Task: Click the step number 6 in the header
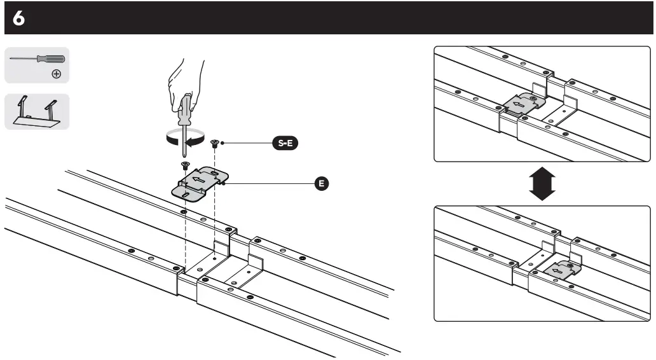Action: (x=18, y=19)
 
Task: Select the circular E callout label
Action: (x=322, y=184)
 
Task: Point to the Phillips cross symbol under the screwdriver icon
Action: (x=57, y=74)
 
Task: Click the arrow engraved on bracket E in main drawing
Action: (x=198, y=181)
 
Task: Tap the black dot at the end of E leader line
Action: (x=226, y=184)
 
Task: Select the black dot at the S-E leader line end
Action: (x=224, y=144)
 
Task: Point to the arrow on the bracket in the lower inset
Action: (x=559, y=272)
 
